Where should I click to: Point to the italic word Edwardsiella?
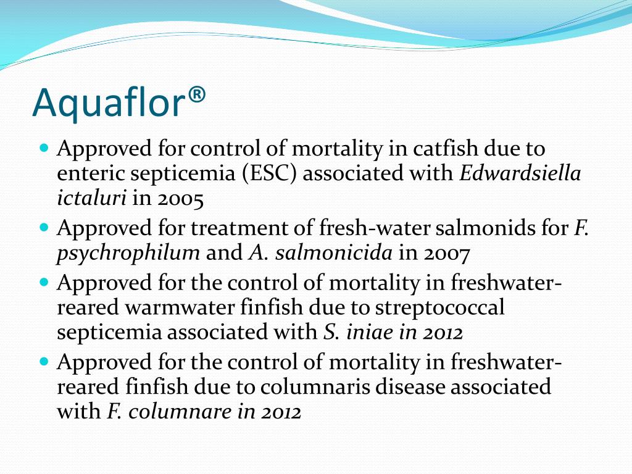coord(520,173)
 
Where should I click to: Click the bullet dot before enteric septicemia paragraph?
coord(43,149)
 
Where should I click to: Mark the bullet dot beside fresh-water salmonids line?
coord(43,228)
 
